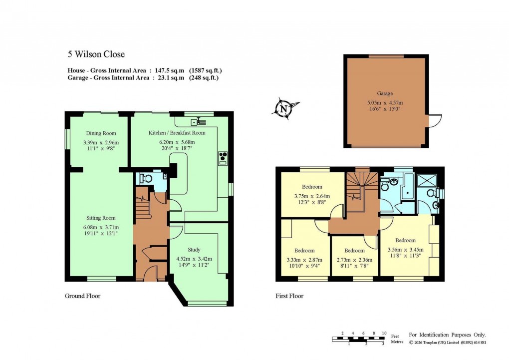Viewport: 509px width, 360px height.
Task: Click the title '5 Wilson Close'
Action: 96,54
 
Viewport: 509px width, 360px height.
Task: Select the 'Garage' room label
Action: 385,93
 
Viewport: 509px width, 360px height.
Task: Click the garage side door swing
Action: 435,120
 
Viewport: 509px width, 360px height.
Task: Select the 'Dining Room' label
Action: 101,133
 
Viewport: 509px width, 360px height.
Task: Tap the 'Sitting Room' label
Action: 101,218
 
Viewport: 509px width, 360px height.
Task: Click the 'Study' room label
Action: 194,250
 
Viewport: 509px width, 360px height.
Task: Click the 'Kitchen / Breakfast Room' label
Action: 177,133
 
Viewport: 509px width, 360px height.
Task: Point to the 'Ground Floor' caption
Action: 82,296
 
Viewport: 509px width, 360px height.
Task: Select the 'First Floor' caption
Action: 289,296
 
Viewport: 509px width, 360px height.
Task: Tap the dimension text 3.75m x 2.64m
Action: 311,196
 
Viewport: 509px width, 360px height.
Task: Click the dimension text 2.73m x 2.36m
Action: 354,260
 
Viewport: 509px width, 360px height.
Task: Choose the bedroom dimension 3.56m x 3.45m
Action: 405,250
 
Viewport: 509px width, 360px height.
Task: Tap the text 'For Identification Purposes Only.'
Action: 447,335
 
